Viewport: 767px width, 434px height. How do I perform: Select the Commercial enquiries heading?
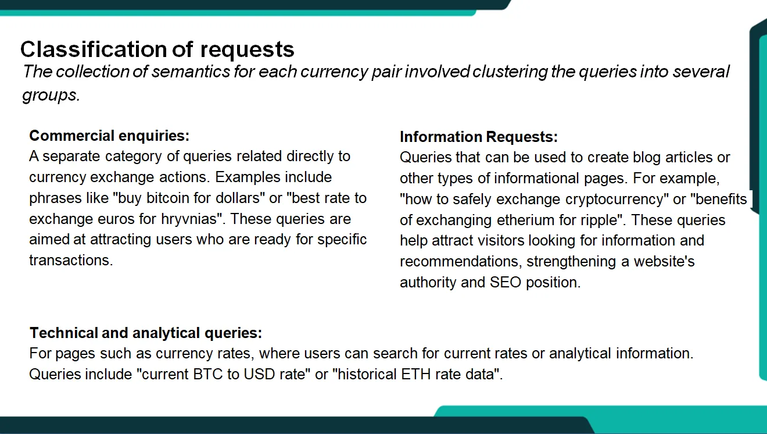click(109, 136)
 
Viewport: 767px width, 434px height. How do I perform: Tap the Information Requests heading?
click(478, 137)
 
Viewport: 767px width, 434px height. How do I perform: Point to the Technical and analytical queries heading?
click(146, 333)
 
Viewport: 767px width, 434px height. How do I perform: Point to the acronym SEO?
click(505, 283)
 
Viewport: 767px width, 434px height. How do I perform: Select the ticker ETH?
click(417, 374)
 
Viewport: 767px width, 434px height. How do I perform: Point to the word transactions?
click(70, 260)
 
